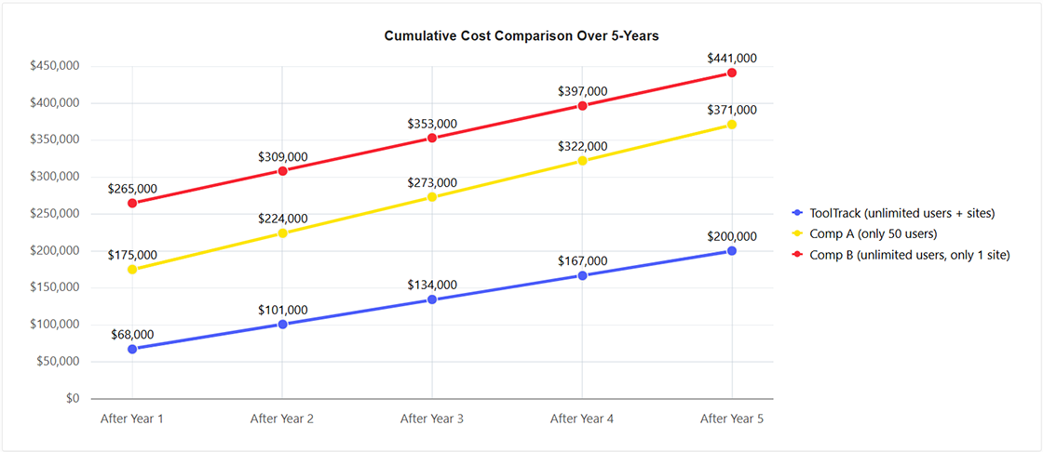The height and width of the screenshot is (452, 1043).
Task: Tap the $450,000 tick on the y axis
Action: [x=54, y=66]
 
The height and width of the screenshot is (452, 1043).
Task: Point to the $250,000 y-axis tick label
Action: [x=54, y=214]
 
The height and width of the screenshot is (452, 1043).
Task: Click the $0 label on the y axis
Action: [x=71, y=398]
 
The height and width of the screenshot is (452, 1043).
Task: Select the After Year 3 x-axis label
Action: [x=432, y=419]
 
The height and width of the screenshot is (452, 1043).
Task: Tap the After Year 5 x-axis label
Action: [x=732, y=419]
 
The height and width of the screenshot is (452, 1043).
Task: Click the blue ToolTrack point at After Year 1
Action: [x=132, y=349]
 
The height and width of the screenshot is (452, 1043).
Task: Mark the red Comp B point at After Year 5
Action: [x=732, y=73]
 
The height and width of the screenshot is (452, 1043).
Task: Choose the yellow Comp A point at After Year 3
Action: [x=432, y=197]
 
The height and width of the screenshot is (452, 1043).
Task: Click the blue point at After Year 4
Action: [x=582, y=275]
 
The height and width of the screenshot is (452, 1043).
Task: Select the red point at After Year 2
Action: [x=282, y=170]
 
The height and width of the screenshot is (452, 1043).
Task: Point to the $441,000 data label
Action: [x=732, y=58]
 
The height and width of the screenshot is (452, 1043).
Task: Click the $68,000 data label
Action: [x=132, y=334]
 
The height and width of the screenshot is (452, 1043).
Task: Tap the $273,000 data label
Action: [x=432, y=182]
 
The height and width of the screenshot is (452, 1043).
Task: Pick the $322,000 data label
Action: [x=582, y=146]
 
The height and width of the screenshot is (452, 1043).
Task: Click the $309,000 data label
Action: [x=282, y=156]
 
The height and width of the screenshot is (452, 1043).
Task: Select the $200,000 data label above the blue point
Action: [x=732, y=236]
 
